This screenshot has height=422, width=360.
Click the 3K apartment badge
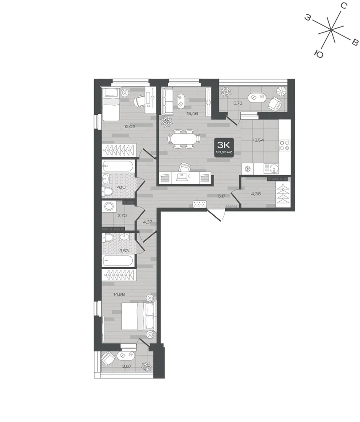click(224, 147)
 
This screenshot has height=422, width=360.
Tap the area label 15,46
click(192, 114)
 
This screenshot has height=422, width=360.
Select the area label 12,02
click(129, 127)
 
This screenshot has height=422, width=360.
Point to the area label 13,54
click(258, 140)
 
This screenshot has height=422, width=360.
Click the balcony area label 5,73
click(238, 103)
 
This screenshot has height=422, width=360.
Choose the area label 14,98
click(119, 295)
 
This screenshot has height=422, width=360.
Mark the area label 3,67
click(127, 366)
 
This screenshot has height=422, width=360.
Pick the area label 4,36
click(256, 194)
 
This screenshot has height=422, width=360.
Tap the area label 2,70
click(122, 216)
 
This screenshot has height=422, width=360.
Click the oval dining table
click(184, 139)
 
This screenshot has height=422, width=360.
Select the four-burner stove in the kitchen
click(285, 145)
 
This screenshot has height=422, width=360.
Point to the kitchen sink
click(271, 169)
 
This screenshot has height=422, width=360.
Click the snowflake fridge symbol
click(247, 169)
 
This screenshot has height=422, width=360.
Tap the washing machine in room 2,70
click(109, 207)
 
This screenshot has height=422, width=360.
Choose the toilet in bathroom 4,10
click(108, 192)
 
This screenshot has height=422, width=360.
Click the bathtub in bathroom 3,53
click(118, 261)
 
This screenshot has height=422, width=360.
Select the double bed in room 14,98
click(139, 316)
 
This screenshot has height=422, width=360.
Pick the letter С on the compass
click(344, 5)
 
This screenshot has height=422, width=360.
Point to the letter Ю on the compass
click(319, 54)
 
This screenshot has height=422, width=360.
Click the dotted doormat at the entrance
click(200, 204)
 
